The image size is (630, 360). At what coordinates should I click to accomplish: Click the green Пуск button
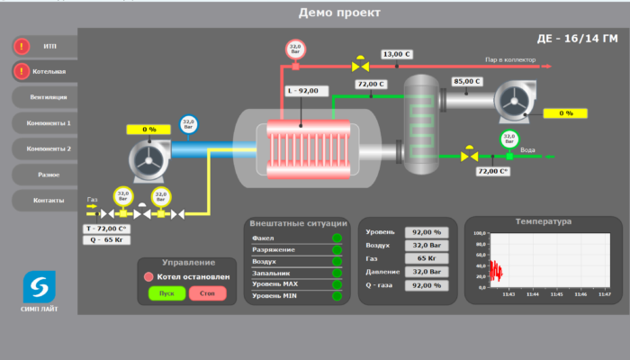166,292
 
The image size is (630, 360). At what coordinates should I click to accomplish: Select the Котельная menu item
49,71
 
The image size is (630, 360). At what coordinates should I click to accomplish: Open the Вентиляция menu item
49,97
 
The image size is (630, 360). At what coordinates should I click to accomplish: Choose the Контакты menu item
49,200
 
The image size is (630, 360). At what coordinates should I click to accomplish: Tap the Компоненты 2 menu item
49,148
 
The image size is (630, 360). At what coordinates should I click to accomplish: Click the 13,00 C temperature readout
396,55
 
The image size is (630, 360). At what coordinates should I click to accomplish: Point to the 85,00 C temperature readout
467,81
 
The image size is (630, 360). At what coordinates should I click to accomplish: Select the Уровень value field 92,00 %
425,231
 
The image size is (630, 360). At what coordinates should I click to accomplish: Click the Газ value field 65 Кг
425,258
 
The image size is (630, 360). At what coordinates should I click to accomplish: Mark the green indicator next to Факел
337,238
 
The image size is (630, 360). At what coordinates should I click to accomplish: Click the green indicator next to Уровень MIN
337,295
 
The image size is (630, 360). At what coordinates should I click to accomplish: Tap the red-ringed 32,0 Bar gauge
294,49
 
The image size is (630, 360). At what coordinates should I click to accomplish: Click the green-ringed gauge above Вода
508,139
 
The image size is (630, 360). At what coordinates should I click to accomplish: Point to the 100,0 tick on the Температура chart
479,231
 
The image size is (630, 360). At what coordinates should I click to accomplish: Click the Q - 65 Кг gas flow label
107,240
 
